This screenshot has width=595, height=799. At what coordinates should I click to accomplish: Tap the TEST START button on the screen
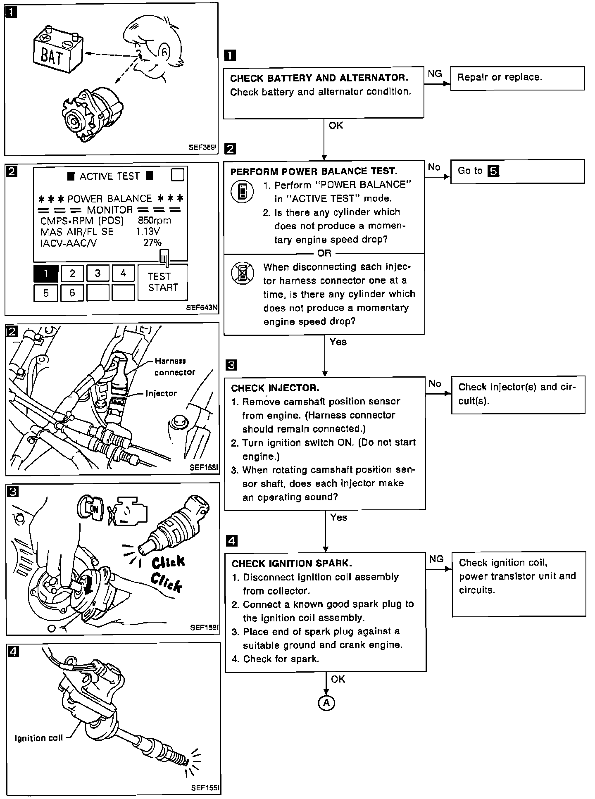pos(163,282)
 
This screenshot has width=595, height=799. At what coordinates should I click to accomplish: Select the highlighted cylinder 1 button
pos(45,273)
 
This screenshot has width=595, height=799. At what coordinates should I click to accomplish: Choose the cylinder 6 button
pos(72,293)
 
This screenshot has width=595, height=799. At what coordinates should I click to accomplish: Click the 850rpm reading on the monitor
pos(154,221)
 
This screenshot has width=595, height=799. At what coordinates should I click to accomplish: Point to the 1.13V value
pos(148,232)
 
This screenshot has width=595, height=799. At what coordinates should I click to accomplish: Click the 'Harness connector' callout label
pos(174,366)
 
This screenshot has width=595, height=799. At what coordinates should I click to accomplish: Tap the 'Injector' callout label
pos(161,393)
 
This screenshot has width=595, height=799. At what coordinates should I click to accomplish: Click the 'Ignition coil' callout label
pos(38,738)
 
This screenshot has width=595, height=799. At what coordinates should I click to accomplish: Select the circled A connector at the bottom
pos(326,703)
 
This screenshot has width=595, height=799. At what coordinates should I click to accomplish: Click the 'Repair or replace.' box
pos(517,78)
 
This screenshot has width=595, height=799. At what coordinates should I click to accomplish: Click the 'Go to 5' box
pos(517,171)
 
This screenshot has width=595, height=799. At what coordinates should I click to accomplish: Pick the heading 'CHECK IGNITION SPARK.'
pos(292,564)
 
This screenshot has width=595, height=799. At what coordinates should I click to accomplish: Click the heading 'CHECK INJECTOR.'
pos(275,388)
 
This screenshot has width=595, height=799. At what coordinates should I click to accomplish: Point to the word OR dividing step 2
pos(324,253)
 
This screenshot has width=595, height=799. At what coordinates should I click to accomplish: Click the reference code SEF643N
pos(202,307)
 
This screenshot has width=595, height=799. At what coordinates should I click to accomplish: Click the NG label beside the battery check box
pos(435,74)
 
